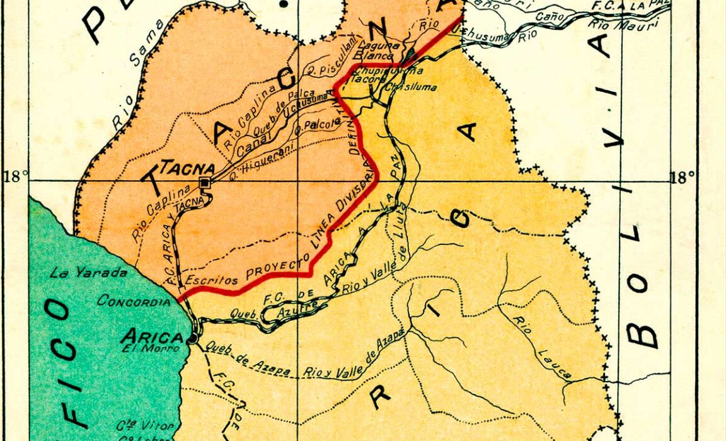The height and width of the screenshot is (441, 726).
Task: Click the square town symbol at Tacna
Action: click(x=205, y=183)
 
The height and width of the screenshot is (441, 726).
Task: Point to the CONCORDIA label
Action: click(x=133, y=301)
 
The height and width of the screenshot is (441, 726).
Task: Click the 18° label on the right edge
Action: click(x=683, y=177)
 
